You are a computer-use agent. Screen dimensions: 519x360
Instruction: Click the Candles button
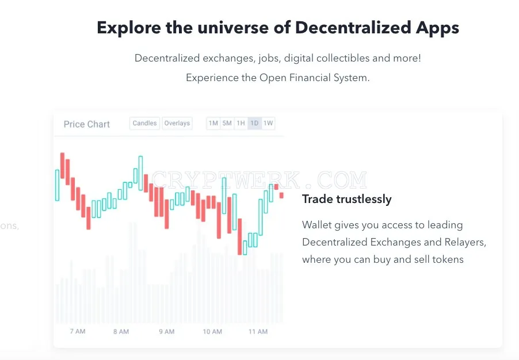[x=144, y=124]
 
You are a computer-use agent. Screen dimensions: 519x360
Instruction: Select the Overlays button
[x=177, y=124]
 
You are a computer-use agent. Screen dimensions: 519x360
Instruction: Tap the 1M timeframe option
[x=213, y=124]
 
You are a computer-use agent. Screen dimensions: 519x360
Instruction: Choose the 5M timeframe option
[x=227, y=124]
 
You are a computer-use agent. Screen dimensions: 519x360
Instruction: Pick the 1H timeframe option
[x=241, y=124]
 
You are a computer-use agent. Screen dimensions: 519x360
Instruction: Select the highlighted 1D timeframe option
[x=254, y=124]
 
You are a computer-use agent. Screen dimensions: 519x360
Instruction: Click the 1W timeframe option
[x=268, y=124]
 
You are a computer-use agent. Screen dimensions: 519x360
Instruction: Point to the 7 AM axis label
[x=78, y=331]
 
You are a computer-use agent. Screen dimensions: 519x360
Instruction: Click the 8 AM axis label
[x=121, y=332]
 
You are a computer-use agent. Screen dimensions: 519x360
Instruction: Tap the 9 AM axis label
[x=166, y=332]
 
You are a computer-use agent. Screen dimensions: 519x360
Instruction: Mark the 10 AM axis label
[x=212, y=332]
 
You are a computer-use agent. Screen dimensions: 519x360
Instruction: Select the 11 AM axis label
[x=258, y=332]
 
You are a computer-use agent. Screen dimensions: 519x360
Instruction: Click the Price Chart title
[x=87, y=124]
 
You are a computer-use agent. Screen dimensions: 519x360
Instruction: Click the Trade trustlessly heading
[x=346, y=199]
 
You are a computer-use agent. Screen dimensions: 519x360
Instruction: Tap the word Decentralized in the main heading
[x=353, y=28]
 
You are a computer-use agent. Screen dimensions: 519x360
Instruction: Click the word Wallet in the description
[x=317, y=225]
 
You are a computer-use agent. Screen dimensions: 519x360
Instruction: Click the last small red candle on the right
[x=281, y=196]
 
